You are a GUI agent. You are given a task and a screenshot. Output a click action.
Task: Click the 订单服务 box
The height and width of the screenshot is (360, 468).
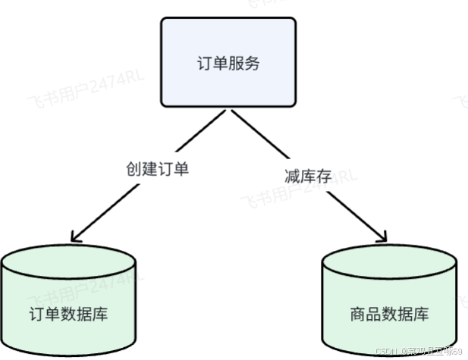228,62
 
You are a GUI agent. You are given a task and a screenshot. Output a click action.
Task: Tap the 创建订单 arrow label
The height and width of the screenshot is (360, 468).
157,169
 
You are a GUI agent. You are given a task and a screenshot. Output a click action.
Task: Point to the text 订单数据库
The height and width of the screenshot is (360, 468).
68,314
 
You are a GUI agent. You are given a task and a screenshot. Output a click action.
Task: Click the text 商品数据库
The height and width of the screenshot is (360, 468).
390,314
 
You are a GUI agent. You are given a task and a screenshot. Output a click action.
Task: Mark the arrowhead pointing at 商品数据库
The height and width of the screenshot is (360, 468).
385,232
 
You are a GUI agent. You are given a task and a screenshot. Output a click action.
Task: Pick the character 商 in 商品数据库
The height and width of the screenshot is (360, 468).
360,314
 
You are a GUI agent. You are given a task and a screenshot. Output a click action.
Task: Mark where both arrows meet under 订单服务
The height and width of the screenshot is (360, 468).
228,111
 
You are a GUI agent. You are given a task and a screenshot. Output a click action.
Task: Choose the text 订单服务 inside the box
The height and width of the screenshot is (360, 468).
228,63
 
